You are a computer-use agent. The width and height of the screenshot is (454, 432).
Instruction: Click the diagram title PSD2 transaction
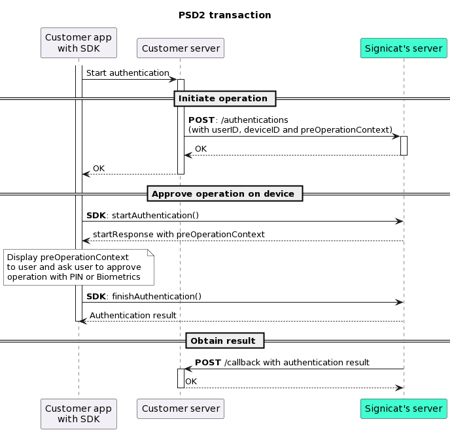coord(224,15)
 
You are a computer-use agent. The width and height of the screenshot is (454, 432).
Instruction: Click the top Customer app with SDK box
coord(79,42)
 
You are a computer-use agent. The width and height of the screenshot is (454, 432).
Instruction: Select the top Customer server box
coord(181,48)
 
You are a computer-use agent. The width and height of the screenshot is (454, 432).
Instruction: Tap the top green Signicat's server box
coord(404,48)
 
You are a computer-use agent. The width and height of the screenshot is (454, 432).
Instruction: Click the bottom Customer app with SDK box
coord(79,414)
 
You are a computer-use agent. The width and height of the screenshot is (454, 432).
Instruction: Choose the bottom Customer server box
coord(181,409)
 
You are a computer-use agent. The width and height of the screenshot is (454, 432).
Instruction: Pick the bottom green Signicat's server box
coord(404,409)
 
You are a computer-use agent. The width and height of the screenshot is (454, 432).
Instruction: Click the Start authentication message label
coord(128,73)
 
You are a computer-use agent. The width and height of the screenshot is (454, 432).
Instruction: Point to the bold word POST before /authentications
coord(201,120)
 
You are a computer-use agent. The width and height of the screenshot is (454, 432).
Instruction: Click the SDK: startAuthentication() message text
coord(143,215)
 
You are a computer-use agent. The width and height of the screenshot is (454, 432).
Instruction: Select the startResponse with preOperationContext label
coord(179,234)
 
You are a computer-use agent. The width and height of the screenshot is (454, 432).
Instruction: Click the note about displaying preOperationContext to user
coord(78,267)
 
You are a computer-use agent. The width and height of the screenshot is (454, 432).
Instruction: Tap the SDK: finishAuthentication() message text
coord(144,296)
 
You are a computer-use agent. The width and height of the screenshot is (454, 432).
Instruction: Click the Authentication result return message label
coord(133,315)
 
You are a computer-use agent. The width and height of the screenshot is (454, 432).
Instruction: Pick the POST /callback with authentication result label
coord(282,362)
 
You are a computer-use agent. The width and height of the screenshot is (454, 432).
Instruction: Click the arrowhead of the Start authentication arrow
coord(173,80)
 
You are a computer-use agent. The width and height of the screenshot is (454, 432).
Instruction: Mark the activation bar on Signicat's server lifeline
coord(404,145)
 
